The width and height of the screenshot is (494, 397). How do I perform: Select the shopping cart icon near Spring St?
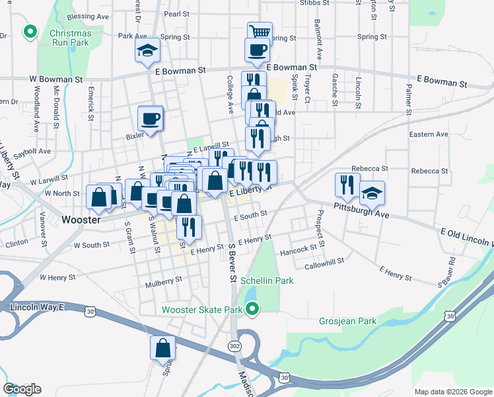click(x=260, y=32)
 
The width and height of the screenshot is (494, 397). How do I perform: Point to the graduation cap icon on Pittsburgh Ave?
click(x=372, y=193)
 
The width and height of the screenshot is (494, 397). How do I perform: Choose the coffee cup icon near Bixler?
click(x=151, y=118)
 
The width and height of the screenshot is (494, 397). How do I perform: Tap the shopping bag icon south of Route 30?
click(x=162, y=347)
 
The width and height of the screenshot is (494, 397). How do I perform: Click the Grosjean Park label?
click(x=347, y=322)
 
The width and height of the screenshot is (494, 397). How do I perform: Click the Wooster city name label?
click(x=80, y=220)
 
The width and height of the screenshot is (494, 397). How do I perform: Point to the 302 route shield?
click(x=236, y=346)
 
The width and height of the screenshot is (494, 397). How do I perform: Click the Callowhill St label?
click(x=324, y=262)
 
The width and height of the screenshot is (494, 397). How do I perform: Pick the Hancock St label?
click(x=298, y=251)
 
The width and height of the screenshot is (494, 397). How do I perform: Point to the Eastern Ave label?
click(x=428, y=134)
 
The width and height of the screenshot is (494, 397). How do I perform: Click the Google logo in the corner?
click(x=22, y=389)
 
